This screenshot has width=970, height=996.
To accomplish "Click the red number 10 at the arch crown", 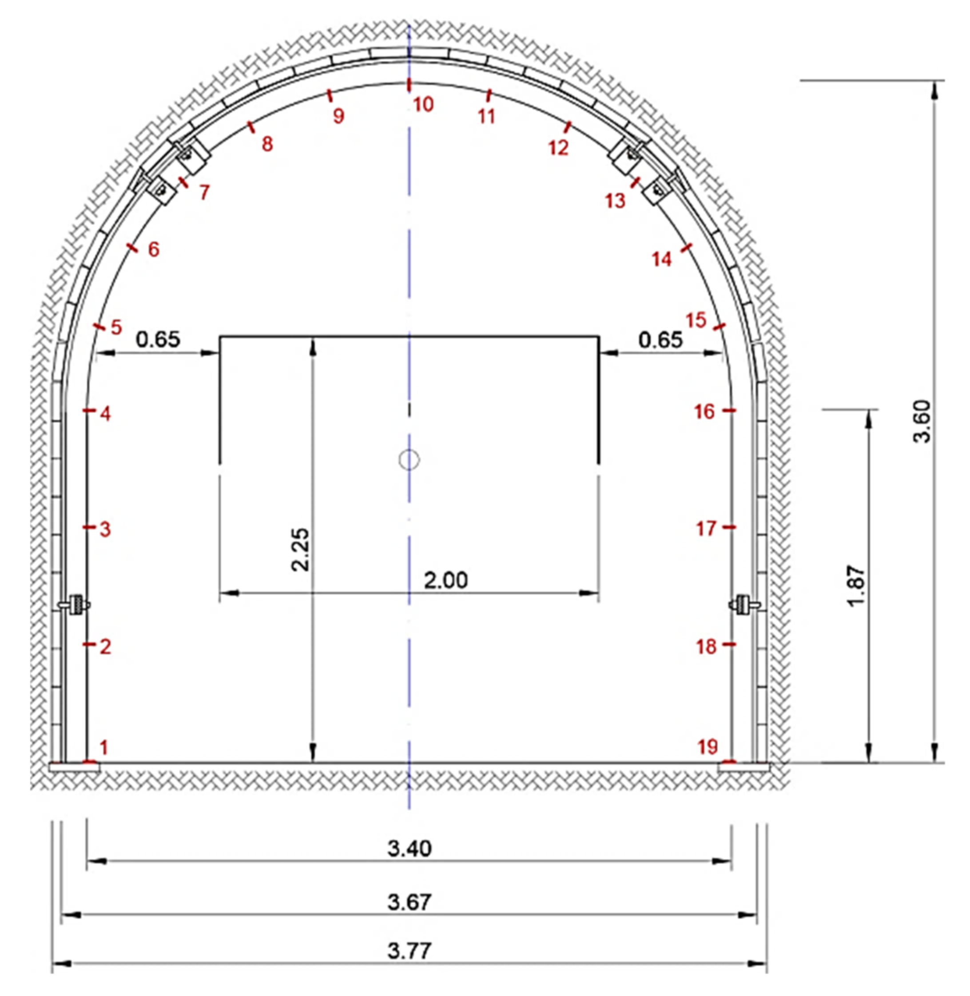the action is coord(423,105).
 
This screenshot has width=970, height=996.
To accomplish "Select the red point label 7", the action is coord(204,193).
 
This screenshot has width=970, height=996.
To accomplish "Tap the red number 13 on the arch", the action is coord(615,201).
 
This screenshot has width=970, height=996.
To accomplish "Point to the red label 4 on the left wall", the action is coord(105,414).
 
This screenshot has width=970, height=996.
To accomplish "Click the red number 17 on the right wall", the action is coord(706,529).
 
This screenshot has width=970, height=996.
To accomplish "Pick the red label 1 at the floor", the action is coord(104,748).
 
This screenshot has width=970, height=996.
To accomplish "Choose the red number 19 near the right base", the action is coord(708,747).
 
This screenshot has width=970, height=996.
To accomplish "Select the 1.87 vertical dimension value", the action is coord(856,585).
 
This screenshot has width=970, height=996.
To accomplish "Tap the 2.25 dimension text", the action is coord(300,549).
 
